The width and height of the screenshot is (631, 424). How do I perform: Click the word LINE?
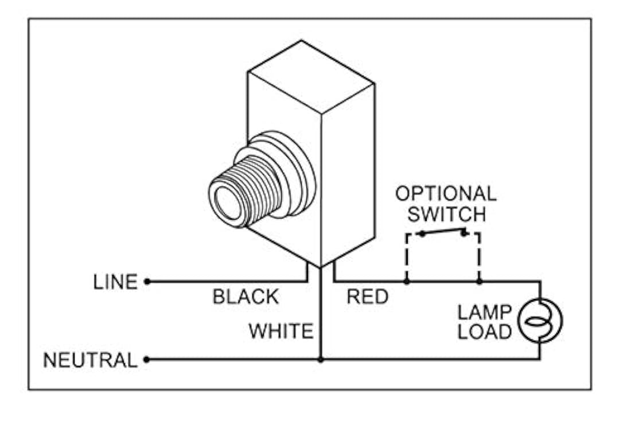click(x=115, y=282)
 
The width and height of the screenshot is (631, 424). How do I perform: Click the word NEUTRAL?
click(x=90, y=360)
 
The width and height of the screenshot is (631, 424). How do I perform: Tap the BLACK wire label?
click(x=246, y=297)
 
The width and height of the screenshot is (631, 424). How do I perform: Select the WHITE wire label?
click(x=281, y=330)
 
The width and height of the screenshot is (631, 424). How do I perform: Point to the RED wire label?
click(x=367, y=297)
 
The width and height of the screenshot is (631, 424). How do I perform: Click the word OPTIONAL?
click(x=446, y=193)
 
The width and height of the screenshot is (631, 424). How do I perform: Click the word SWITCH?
click(x=446, y=214)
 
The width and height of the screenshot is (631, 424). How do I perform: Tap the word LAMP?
click(x=484, y=313)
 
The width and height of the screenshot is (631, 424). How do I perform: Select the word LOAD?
click(x=484, y=332)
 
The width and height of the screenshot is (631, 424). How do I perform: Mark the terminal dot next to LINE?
click(x=147, y=282)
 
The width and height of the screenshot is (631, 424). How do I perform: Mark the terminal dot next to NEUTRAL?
click(x=147, y=360)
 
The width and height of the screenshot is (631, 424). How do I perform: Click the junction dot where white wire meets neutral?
click(x=321, y=360)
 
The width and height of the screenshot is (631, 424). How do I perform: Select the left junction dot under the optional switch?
click(x=406, y=282)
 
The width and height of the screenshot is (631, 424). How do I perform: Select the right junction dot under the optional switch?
click(x=480, y=282)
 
